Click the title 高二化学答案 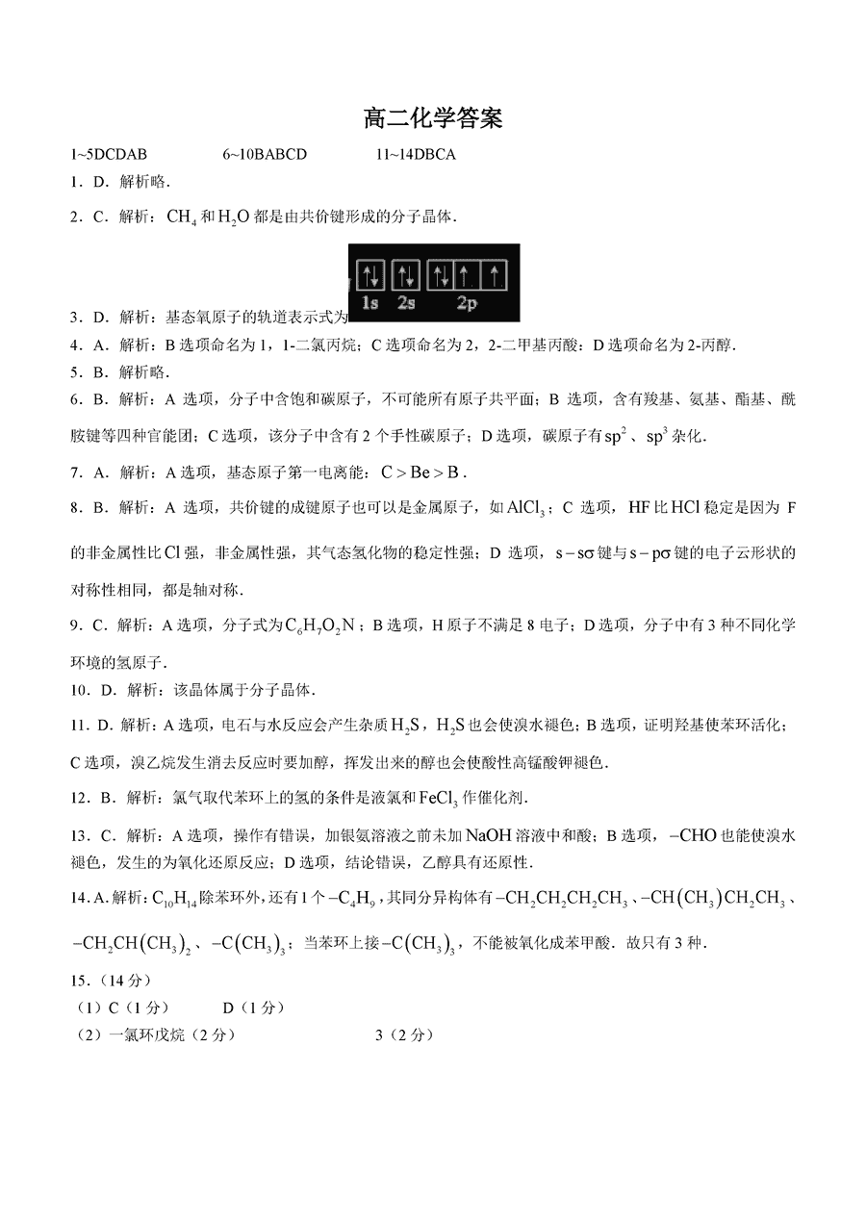coord(433,119)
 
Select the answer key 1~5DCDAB coord(109,154)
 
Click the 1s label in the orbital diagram coord(370,303)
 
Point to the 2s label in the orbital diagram coord(406,303)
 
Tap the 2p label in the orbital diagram coord(467,303)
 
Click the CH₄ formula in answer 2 coord(181,217)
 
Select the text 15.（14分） coord(111,981)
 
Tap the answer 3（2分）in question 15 coord(404,1034)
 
